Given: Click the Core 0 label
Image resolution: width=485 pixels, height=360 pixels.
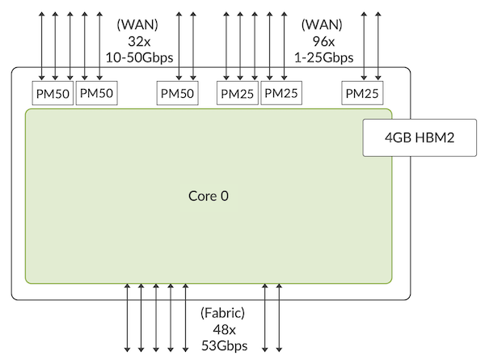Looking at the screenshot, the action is (x=209, y=196).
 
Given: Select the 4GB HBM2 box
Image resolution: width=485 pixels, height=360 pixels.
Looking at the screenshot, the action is (x=420, y=138).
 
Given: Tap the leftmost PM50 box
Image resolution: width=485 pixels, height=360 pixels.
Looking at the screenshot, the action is (x=53, y=93).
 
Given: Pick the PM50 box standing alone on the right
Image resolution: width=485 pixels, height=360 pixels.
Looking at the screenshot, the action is (x=177, y=93).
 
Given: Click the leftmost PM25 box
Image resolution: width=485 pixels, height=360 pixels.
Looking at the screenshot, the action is (x=237, y=93).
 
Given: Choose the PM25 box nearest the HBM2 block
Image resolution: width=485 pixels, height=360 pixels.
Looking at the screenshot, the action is (x=362, y=93).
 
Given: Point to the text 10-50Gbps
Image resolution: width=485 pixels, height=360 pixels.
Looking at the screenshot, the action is (x=140, y=57).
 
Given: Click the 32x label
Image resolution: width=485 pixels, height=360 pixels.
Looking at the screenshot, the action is (x=139, y=41).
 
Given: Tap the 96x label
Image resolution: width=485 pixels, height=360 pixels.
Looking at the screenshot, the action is (x=323, y=41).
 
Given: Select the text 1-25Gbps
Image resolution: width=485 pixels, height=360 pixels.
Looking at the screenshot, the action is (x=323, y=57).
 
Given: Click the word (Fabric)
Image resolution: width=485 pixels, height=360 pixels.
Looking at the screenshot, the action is (x=223, y=313).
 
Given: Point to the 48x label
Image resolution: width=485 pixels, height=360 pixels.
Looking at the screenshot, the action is (x=224, y=329).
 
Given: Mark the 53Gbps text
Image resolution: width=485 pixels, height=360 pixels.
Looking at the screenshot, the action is (x=225, y=345).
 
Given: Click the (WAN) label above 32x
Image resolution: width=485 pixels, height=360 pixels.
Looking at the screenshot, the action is (x=137, y=25).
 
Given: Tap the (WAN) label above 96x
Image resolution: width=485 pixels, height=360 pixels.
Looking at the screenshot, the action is (x=322, y=25).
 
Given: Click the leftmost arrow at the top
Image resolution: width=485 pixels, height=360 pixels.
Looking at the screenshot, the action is (x=41, y=46).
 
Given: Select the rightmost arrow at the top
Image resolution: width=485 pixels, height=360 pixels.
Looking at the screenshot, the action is (x=378, y=46).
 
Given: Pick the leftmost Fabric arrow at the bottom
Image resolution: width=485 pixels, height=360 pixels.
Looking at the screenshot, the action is (x=127, y=318).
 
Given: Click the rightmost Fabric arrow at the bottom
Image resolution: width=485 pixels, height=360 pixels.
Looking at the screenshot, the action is (x=279, y=318).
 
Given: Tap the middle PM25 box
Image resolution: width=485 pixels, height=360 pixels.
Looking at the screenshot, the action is (x=281, y=93).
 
